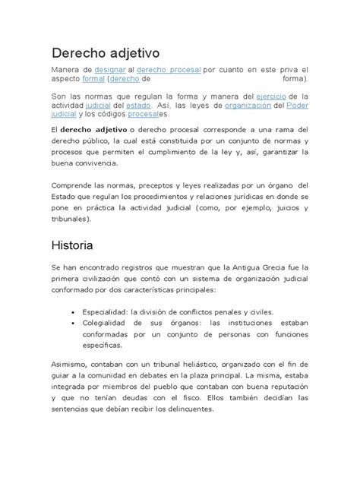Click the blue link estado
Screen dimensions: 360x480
(141, 106)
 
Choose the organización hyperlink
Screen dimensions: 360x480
(253, 106)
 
